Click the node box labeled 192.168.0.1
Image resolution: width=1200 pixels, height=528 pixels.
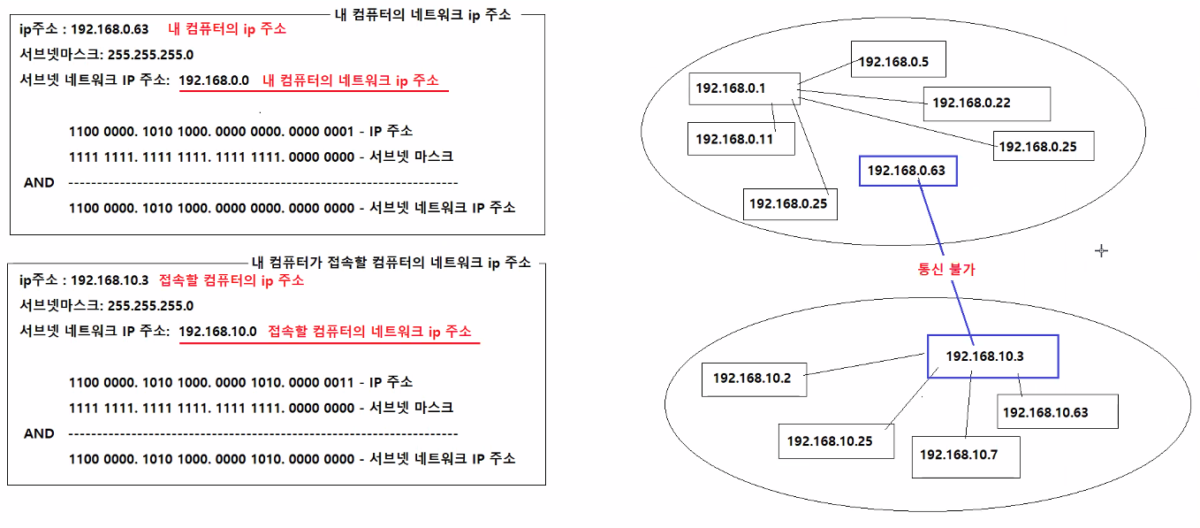(743, 88)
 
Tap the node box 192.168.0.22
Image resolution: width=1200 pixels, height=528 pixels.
(984, 103)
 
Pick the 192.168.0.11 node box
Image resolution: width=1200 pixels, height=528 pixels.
(741, 139)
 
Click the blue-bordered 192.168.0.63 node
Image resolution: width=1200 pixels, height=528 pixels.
(908, 171)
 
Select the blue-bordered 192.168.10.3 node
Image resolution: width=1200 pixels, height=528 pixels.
(992, 356)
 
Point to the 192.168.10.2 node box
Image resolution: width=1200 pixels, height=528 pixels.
(752, 379)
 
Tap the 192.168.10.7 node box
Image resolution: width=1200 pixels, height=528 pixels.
(966, 455)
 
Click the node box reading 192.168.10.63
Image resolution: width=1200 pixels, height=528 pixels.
(1058, 412)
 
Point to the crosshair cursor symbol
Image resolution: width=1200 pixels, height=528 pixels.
(1101, 251)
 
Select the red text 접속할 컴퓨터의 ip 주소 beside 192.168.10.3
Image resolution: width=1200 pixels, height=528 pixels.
(232, 280)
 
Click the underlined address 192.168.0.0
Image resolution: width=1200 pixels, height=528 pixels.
(215, 80)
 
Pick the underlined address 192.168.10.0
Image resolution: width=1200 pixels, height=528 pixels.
(217, 332)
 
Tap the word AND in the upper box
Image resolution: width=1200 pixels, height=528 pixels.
(39, 182)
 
